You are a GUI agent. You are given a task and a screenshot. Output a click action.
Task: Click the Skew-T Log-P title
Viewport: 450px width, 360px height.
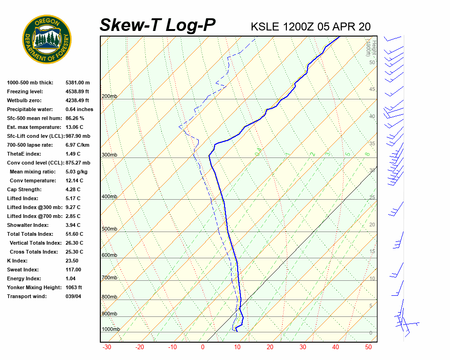tap(157, 25)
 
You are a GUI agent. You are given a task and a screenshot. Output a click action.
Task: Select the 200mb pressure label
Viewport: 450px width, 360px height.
tap(109, 97)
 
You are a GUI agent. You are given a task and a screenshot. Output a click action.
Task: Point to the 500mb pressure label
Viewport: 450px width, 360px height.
tap(109, 229)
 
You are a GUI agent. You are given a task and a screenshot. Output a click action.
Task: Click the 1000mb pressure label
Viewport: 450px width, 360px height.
tap(111, 329)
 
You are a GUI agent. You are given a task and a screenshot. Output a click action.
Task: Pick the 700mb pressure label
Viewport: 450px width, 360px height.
tap(109, 278)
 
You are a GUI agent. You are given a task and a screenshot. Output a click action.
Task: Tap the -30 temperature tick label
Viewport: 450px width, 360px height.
tap(106, 347)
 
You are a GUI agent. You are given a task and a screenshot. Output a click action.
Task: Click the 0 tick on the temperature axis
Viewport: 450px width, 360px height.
tap(202, 347)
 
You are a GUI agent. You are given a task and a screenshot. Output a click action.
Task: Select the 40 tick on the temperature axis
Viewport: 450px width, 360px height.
tap(335, 347)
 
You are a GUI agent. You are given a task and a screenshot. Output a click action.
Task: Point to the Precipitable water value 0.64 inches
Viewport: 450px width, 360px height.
tap(79, 109)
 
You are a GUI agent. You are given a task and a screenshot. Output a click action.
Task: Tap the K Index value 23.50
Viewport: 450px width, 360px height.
tap(72, 261)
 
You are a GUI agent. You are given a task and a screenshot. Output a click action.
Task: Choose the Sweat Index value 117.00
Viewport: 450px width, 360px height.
tap(73, 270)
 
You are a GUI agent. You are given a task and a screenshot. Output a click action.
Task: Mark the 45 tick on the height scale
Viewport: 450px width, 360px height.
tap(372, 90)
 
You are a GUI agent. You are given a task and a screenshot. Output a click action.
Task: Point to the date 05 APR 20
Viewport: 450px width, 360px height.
tap(344, 27)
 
